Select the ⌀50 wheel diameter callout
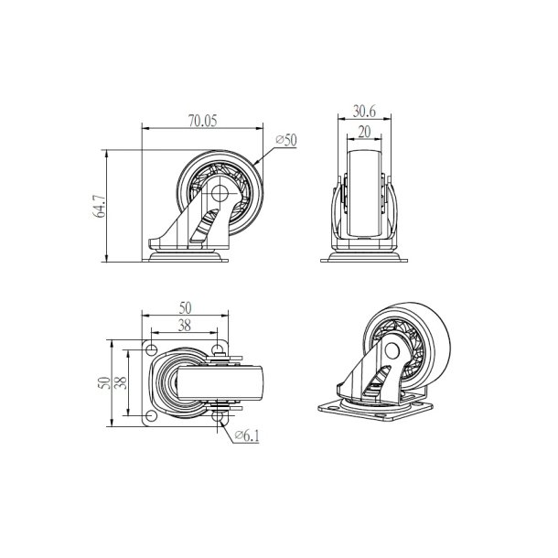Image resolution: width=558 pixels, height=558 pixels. pos(285,140)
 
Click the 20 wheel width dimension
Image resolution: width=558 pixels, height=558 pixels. pos(365,132)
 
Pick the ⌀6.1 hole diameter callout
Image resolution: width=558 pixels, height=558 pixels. pos(247,436)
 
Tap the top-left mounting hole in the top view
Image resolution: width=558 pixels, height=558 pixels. pos(150,348)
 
